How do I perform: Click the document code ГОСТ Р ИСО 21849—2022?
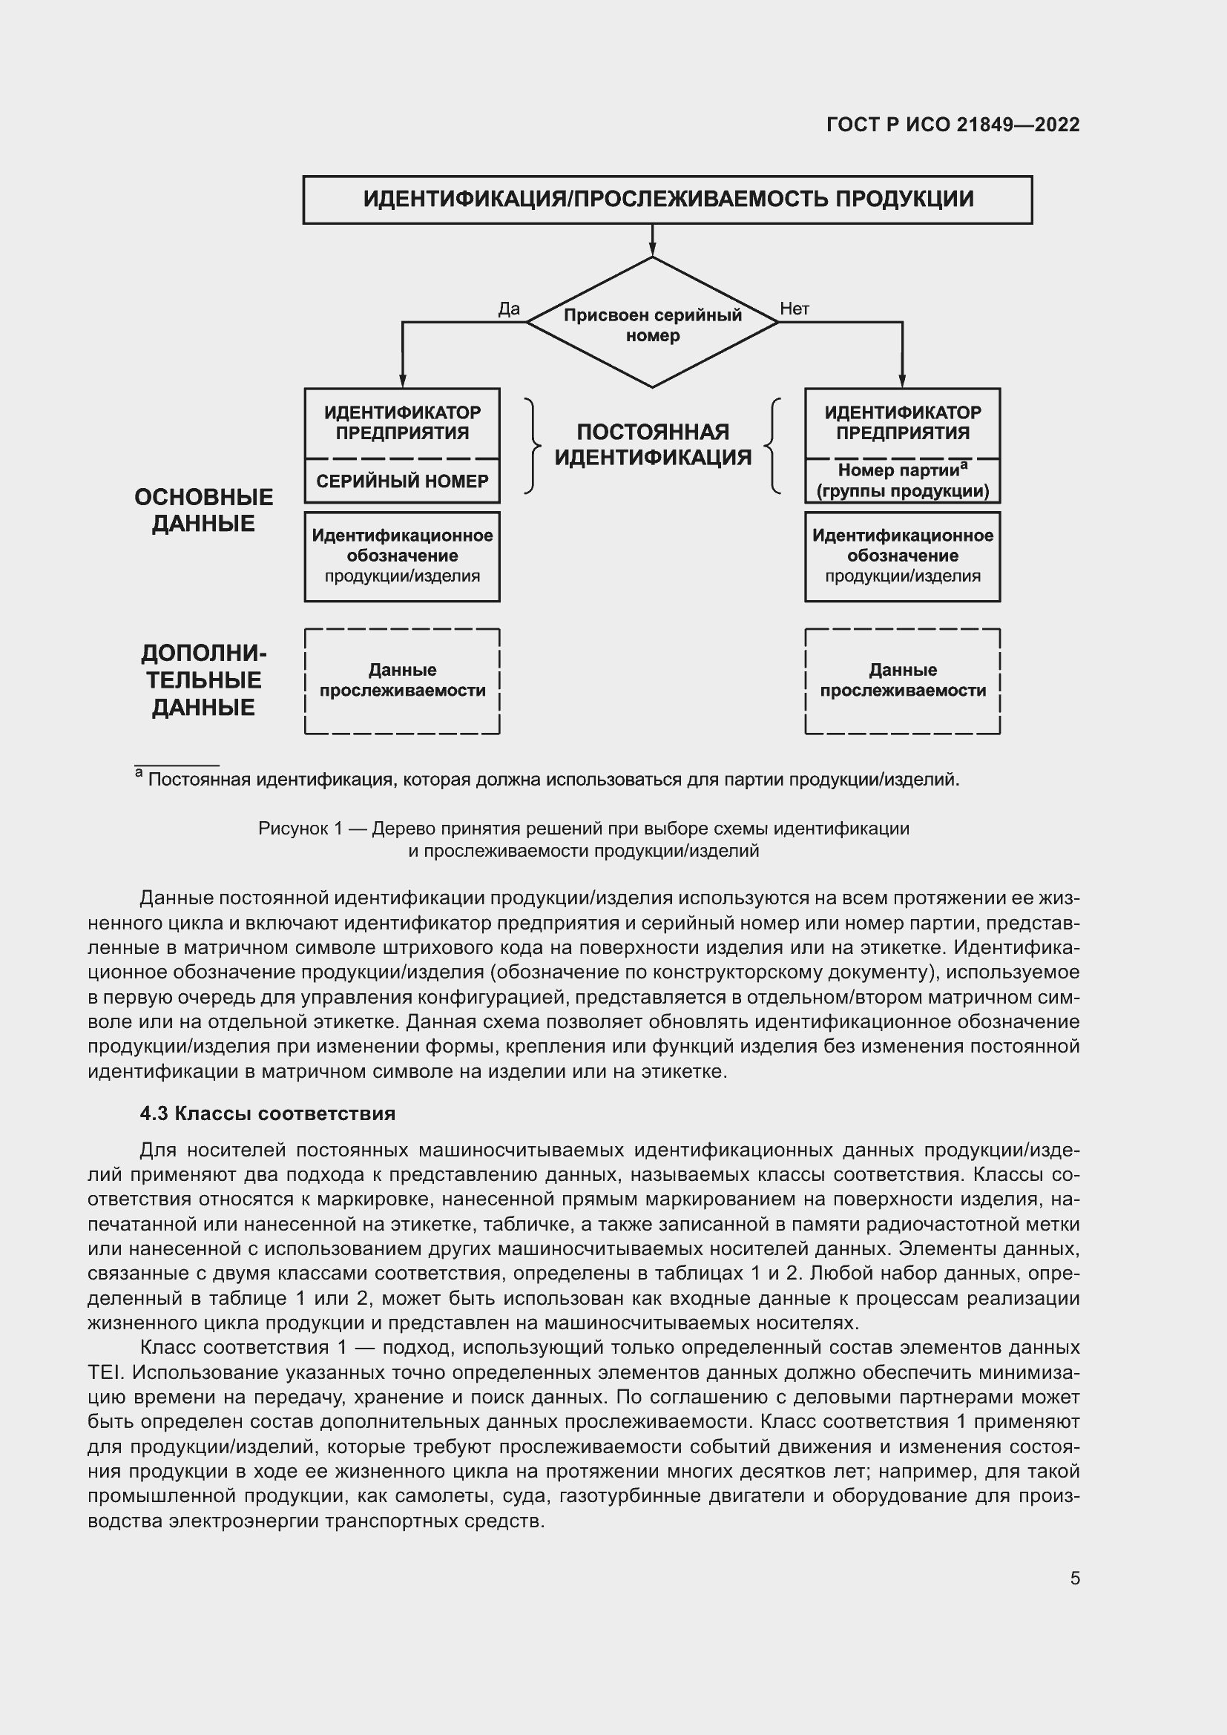click(953, 125)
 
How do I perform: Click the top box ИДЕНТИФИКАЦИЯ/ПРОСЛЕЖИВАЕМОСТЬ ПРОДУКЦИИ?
click(667, 200)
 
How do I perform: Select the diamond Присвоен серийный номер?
click(652, 323)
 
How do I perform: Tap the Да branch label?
click(508, 309)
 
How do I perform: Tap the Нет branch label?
click(794, 309)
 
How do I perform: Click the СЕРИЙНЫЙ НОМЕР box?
click(402, 481)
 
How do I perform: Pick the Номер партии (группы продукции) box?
click(902, 481)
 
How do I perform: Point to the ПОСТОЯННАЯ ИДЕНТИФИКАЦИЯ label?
click(653, 444)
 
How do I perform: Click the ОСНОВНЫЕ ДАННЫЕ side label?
click(203, 510)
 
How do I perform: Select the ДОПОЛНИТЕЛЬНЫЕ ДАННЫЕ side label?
click(203, 680)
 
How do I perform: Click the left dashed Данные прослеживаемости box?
click(402, 680)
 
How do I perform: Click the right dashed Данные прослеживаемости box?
click(902, 680)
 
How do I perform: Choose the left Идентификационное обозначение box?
click(402, 556)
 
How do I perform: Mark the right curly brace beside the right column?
click(773, 446)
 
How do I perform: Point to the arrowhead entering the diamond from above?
click(652, 250)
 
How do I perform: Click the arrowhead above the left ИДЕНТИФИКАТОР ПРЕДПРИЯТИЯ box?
click(402, 381)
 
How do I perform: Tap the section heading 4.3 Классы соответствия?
click(268, 1114)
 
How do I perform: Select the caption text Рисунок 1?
click(300, 829)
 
